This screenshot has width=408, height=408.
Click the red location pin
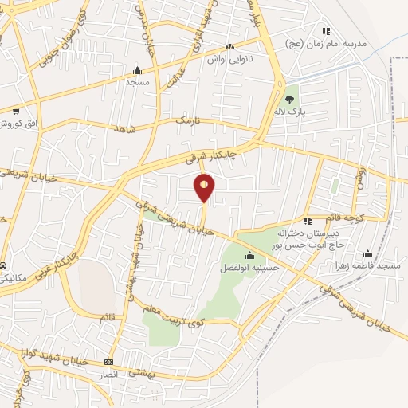click(x=205, y=186)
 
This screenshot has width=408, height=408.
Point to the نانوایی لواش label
click(x=230, y=59)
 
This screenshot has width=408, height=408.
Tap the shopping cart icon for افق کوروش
click(x=15, y=112)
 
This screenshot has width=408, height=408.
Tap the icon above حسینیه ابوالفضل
click(x=250, y=256)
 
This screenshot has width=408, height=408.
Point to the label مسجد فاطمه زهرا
click(x=366, y=265)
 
